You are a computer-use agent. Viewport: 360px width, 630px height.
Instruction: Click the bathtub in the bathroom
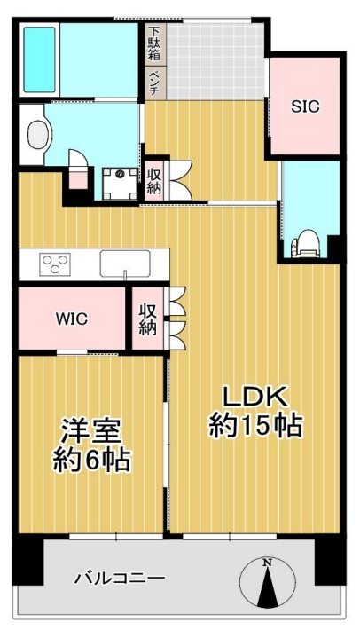[x=39, y=59]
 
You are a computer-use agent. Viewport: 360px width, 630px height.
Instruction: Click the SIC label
[x=305, y=106]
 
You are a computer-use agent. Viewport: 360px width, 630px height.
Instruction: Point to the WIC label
[x=72, y=319]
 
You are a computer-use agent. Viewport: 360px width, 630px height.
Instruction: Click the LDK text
[x=255, y=397]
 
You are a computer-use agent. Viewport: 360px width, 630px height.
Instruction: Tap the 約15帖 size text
[x=255, y=425]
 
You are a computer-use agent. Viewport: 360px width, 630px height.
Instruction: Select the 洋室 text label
[x=90, y=430]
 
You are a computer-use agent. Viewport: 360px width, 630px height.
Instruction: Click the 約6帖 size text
[x=91, y=460]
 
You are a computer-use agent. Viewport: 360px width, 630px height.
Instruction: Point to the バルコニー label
[x=120, y=579]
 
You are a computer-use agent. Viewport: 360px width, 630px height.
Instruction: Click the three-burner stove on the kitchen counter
[x=55, y=264]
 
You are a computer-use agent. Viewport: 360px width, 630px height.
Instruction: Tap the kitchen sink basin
[x=125, y=264]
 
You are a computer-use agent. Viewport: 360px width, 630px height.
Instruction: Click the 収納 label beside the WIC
[x=148, y=319]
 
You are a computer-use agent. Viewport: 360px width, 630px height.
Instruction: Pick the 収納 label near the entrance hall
[x=153, y=181]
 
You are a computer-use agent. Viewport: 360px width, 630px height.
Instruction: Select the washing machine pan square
[x=120, y=184]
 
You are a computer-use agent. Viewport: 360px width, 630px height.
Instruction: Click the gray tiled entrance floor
[x=215, y=60]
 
